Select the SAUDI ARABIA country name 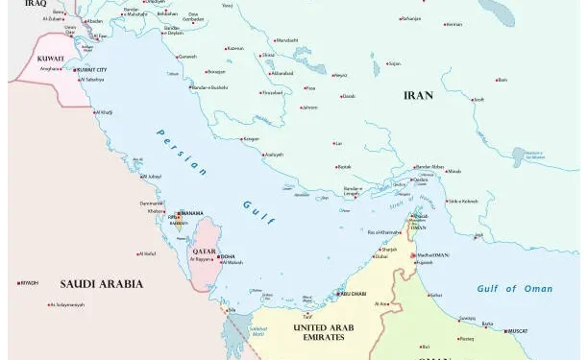(101, 283)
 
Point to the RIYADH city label (30, 282)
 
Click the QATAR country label (204, 251)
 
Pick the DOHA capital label (228, 256)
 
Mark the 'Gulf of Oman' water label (515, 288)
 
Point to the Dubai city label (381, 256)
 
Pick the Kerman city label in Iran (454, 24)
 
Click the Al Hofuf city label (146, 253)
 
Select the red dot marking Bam (497, 80)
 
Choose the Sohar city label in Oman (436, 295)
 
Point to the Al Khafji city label (104, 111)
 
